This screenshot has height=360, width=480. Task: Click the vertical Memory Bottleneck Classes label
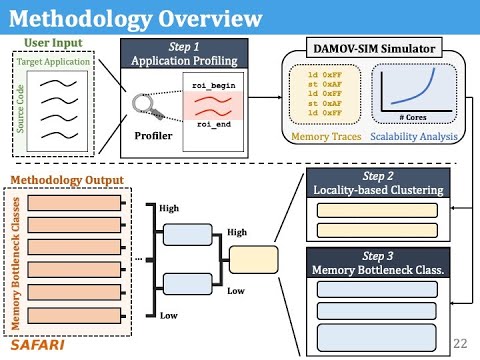click(x=14, y=259)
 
